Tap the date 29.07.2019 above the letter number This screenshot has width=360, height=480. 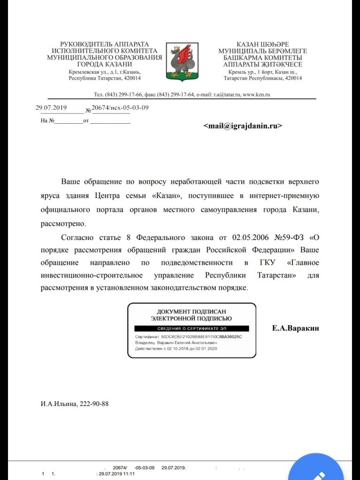52,107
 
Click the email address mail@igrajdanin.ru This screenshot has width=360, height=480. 243,126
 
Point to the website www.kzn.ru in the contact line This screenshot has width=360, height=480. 256,94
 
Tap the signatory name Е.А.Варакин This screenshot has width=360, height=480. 295,328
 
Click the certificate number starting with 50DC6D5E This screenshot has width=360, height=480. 204,337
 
